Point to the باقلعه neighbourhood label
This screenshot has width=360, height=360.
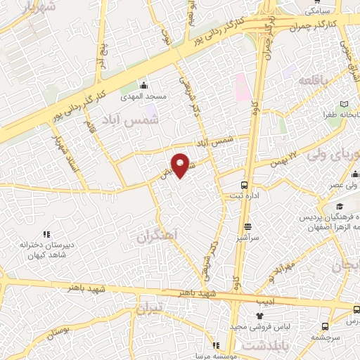[312, 82]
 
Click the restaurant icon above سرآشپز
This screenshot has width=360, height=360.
[248, 226]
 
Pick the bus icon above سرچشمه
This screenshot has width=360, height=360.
[324, 326]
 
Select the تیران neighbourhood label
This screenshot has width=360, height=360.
[149, 308]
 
